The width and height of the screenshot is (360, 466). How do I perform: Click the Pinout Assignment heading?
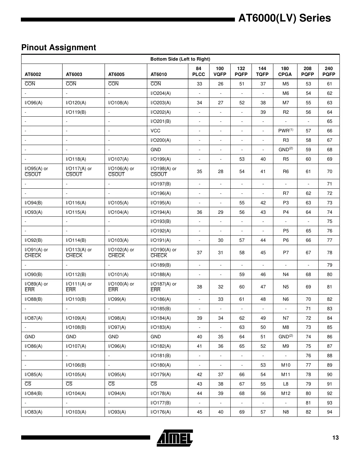pyautogui.click(x=59, y=48)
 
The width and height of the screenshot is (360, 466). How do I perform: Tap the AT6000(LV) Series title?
pyautogui.click(x=284, y=18)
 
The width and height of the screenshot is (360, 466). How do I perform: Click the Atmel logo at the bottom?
pyautogui.click(x=175, y=438)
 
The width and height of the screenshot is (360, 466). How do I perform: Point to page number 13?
pyautogui.click(x=335, y=438)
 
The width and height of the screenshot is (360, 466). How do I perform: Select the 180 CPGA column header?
pyautogui.click(x=285, y=71)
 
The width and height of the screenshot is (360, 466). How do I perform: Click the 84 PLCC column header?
pyautogui.click(x=198, y=71)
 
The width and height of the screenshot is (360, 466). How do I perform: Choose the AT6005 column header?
pyautogui.click(x=116, y=74)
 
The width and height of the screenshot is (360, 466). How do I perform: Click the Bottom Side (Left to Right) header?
pyautogui.click(x=180, y=59)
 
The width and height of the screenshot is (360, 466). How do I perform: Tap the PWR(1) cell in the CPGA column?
pyautogui.click(x=285, y=131)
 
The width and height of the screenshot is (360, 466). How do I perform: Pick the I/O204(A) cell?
pyautogui.click(x=161, y=93)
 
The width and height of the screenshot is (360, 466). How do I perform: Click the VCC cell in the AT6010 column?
pyautogui.click(x=155, y=131)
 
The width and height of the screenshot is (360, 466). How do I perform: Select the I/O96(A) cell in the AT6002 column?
pyautogui.click(x=34, y=103)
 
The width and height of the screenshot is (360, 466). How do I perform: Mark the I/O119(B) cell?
pyautogui.click(x=76, y=112)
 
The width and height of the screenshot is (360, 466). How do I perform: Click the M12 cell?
pyautogui.click(x=285, y=393)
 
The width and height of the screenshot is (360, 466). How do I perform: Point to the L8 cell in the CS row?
pyautogui.click(x=285, y=384)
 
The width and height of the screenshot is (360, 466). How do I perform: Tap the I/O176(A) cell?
pyautogui.click(x=161, y=412)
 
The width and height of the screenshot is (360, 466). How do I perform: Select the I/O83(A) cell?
pyautogui.click(x=34, y=412)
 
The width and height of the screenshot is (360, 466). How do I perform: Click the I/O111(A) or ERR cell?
pyautogui.click(x=79, y=287)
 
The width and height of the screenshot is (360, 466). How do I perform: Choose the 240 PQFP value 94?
pyautogui.click(x=329, y=412)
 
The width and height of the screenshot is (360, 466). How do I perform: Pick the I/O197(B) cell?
pyautogui.click(x=161, y=184)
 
